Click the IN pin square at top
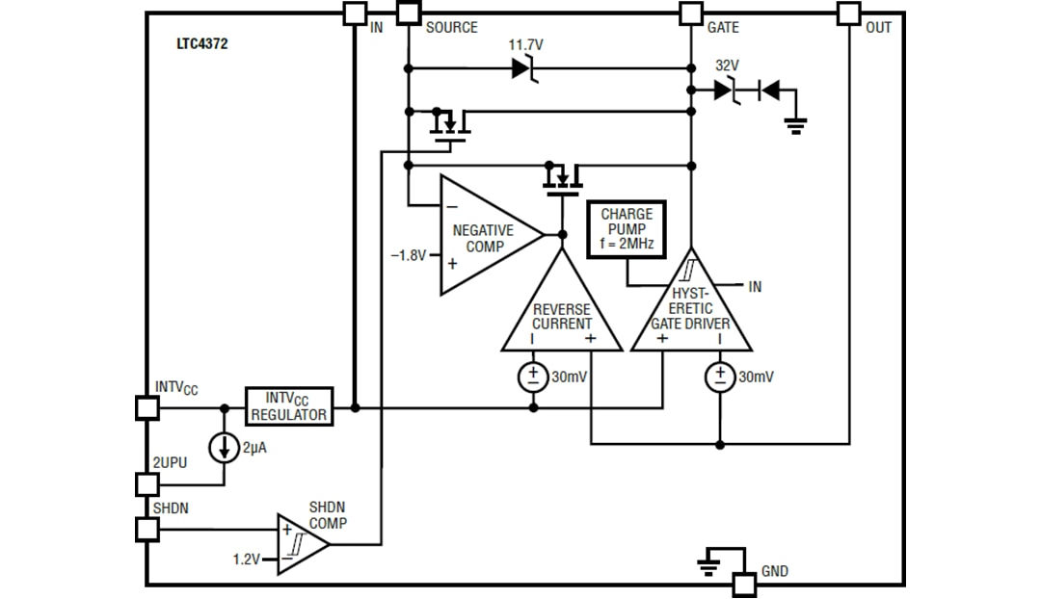point(355,13)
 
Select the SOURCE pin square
point(409,13)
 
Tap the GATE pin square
point(690,13)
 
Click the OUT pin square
point(848,13)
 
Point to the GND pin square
point(744,584)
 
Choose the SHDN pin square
point(147,529)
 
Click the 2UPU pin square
point(147,483)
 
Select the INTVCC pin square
point(147,407)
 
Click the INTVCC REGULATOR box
point(288,406)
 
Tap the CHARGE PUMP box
point(627,229)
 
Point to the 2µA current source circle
point(225,447)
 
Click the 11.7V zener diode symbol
point(522,68)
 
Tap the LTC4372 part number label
point(202,43)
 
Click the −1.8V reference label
point(408,256)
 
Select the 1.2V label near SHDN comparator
point(247,559)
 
